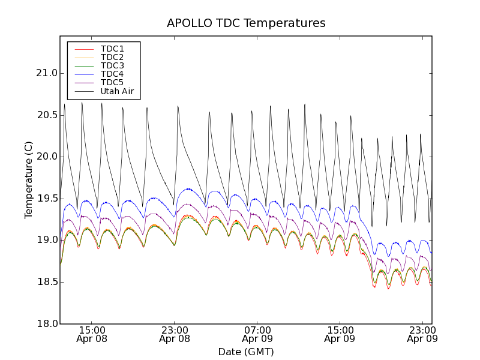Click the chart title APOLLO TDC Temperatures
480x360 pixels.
point(246,23)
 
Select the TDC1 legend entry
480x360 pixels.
point(112,49)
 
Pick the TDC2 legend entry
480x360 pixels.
point(112,57)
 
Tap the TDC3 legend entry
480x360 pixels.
point(112,65)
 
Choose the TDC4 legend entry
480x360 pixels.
point(112,74)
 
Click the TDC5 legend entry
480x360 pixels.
point(112,83)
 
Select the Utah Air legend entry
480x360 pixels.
point(117,92)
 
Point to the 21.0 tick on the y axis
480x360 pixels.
point(46,73)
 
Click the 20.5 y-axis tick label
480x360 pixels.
point(46,115)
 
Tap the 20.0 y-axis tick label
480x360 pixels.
point(46,157)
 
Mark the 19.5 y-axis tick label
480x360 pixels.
point(46,199)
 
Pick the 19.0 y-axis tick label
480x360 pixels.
point(46,240)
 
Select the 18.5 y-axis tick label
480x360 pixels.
point(46,282)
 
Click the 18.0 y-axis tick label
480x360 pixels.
point(46,323)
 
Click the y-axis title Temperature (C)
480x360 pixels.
point(29,180)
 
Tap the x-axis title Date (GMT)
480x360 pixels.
point(246,352)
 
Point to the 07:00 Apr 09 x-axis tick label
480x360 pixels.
point(257,334)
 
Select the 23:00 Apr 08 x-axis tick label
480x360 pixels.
point(175,334)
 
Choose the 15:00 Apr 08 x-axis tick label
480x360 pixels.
point(92,334)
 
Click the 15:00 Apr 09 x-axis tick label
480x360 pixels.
point(340,334)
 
